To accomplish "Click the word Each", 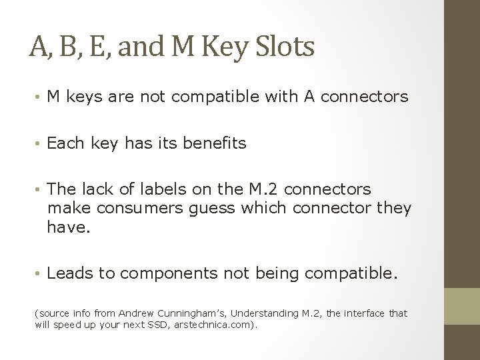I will pyautogui.click(x=65, y=143).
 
